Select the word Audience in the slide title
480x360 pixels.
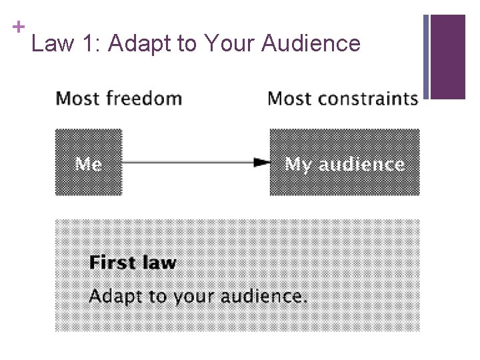tap(311, 44)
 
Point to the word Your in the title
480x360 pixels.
tap(231, 44)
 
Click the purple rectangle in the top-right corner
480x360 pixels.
tap(448, 57)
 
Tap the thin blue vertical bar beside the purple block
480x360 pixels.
tap(426, 57)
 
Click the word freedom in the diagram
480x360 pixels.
tap(143, 99)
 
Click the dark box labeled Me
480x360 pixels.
tap(89, 163)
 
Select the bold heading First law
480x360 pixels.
tap(133, 262)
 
